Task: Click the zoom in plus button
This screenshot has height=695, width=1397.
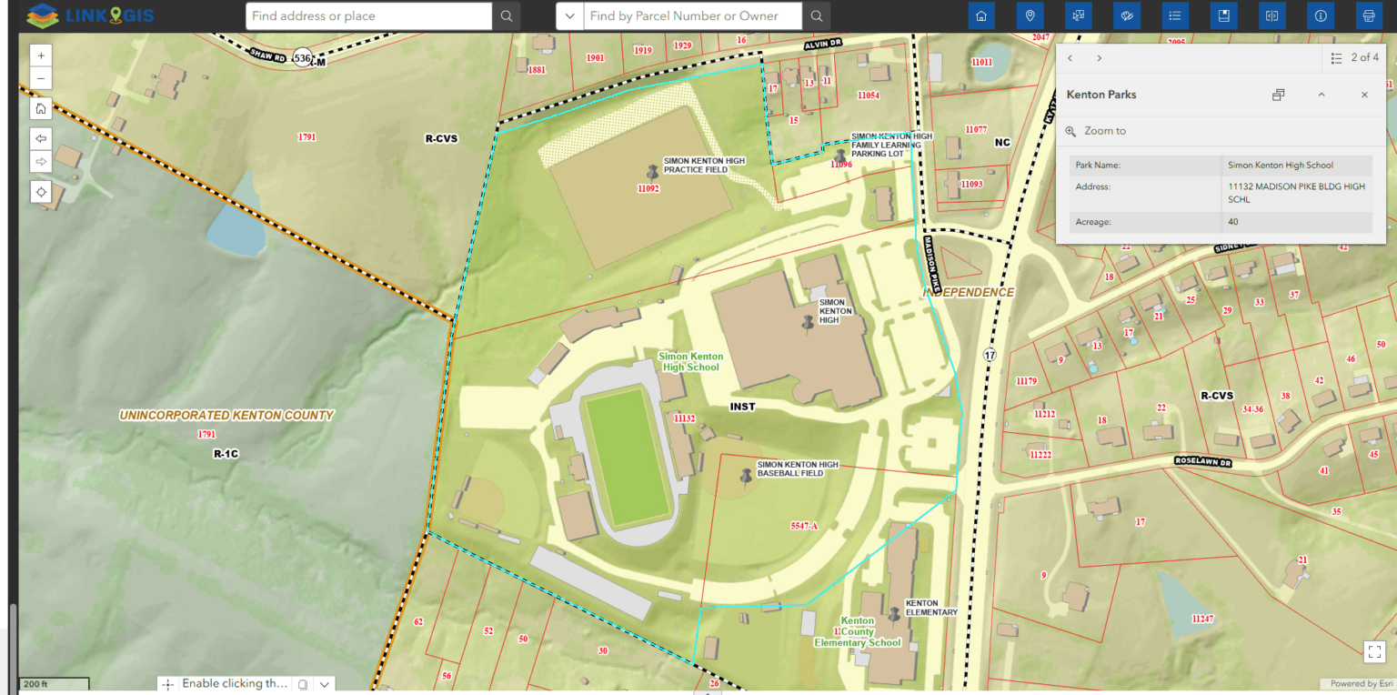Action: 41,55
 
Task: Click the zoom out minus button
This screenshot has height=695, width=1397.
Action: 41,78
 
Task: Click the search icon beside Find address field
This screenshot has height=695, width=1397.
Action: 507,15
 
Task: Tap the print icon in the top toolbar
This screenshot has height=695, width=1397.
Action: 1368,15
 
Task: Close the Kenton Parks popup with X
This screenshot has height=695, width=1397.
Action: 1364,95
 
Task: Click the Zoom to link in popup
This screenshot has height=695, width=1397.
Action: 1104,131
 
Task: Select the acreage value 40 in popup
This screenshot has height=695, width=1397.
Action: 1233,222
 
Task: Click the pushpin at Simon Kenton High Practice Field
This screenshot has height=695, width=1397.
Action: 651,171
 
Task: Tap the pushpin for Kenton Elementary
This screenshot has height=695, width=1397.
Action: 894,615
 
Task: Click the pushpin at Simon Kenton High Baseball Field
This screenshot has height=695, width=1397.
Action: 747,475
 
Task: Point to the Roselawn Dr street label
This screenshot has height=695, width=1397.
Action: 1201,461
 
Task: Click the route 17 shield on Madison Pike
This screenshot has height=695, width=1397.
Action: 990,354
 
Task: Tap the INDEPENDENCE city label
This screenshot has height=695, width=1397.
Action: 969,293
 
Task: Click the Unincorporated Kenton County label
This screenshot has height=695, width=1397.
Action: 226,416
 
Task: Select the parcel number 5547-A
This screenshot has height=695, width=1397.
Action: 805,526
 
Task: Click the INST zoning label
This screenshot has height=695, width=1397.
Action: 742,407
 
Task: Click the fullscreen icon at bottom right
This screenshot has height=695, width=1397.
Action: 1373,650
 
